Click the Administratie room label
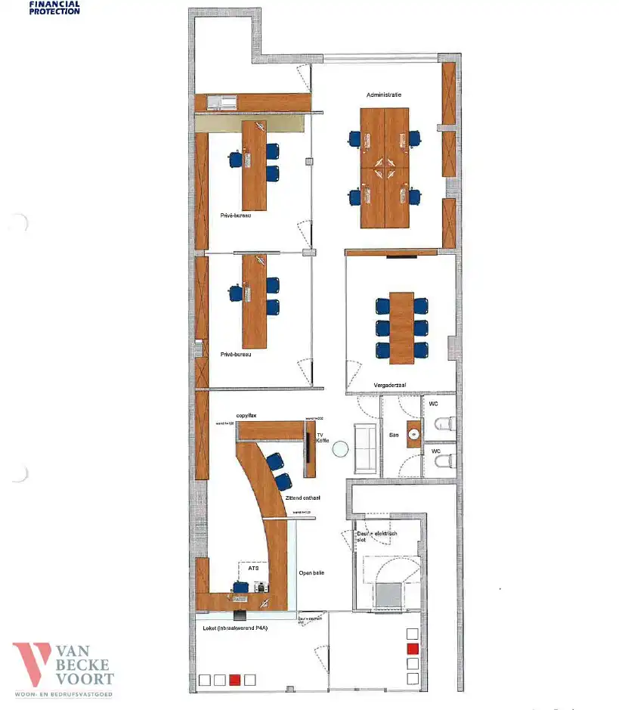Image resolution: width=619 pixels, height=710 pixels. (x=383, y=95)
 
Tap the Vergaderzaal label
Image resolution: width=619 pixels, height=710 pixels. (x=390, y=386)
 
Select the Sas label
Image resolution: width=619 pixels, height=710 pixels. (x=393, y=436)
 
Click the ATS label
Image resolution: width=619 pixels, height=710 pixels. (x=253, y=565)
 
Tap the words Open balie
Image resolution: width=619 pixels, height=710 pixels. (x=311, y=572)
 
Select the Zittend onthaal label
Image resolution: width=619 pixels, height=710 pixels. (x=304, y=498)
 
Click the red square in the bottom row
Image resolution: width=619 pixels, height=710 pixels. (x=235, y=680)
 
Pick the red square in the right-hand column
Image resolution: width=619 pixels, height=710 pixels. (x=413, y=649)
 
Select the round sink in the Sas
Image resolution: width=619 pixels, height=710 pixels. (x=413, y=434)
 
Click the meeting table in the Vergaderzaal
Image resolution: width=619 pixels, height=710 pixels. (x=402, y=326)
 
